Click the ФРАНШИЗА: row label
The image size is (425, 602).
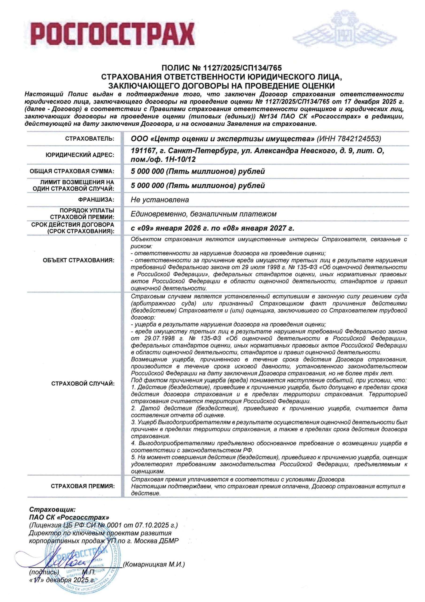click(96, 200)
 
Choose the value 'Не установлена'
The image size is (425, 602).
click(160, 200)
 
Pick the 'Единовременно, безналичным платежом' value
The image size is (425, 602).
click(204, 214)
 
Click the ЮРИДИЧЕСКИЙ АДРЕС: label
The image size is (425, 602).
click(80, 155)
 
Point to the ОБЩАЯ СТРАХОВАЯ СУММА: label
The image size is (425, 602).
click(72, 171)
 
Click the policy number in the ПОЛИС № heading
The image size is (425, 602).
click(241, 68)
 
